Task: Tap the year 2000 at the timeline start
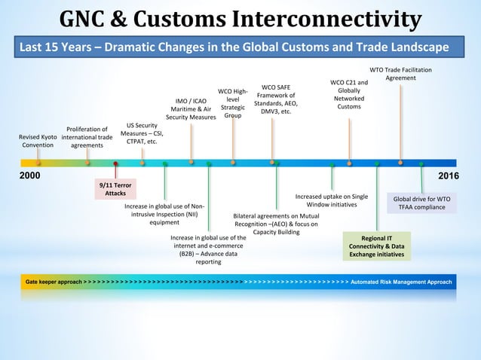pos(29,175)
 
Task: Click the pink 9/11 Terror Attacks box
pos(115,188)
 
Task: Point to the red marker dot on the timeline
pos(115,163)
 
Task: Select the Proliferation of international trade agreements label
pos(87,136)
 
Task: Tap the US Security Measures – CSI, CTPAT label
pos(142,133)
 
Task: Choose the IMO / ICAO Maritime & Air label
pos(191,109)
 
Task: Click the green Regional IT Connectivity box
pos(376,246)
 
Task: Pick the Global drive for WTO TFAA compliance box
pos(422,203)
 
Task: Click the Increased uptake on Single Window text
pos(332,200)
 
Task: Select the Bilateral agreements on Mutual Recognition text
pos(276,223)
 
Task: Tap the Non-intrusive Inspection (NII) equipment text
pos(164,214)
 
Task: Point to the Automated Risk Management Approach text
pos(402,282)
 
